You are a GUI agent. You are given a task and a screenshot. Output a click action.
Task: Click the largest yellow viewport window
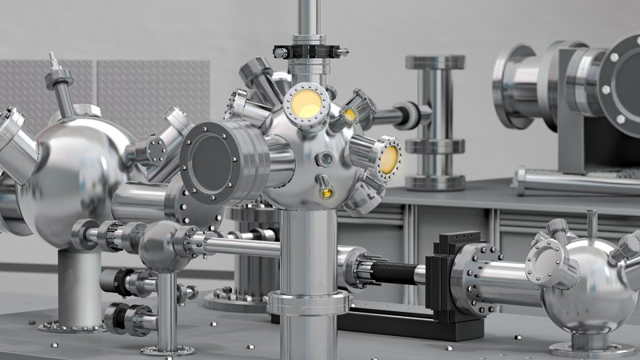click(307, 104)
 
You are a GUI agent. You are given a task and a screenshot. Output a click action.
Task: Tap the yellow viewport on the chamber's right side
click(389, 159)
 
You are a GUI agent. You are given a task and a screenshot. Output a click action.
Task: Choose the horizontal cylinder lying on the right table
click(575, 182)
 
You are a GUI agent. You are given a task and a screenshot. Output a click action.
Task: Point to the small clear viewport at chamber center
click(326, 158)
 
